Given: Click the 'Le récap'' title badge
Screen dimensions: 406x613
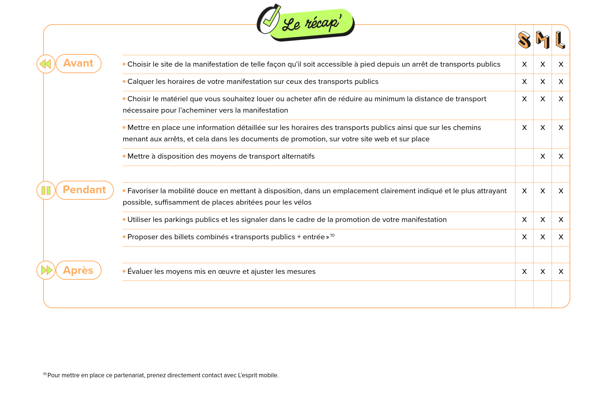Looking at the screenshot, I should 312,24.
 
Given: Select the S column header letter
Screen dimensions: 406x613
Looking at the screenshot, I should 524,40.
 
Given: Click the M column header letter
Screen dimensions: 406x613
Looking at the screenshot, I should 542,39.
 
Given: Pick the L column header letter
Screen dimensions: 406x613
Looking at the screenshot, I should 560,40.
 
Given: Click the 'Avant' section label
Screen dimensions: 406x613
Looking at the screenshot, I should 78,63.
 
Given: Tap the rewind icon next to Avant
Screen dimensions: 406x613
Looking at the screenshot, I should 46,64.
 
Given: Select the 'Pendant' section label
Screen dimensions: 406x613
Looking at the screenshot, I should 85,190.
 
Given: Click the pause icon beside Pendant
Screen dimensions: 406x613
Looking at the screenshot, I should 46,190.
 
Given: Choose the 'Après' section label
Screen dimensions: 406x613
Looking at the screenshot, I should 78,270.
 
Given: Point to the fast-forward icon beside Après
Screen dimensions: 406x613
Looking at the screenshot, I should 46,270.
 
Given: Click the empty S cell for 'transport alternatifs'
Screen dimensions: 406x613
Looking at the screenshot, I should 524,157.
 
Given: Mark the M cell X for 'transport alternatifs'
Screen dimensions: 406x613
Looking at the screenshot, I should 543,156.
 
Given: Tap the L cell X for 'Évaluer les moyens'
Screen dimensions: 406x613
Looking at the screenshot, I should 561,272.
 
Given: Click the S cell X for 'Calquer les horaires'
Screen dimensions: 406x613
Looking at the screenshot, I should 524,82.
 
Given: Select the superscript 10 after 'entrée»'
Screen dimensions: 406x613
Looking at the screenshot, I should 332,235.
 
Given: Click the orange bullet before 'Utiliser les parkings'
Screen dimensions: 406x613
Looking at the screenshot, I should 124,219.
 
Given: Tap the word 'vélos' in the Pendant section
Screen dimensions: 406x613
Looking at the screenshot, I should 302,202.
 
